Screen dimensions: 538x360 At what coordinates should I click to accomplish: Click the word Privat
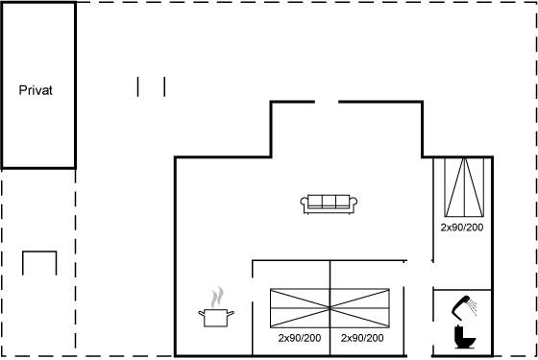click(x=36, y=90)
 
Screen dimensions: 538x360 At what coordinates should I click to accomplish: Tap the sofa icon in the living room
click(x=329, y=204)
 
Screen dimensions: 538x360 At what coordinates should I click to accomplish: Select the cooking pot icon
click(x=216, y=318)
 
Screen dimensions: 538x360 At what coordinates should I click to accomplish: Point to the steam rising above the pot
click(x=217, y=298)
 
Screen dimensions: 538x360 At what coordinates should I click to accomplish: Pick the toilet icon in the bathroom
click(x=465, y=337)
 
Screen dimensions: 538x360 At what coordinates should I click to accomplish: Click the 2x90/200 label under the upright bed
click(x=462, y=228)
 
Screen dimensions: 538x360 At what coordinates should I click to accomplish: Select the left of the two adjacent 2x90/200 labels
click(x=300, y=338)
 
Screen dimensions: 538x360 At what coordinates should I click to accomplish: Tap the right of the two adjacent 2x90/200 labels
click(x=362, y=338)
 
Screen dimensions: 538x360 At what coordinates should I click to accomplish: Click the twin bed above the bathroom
click(x=464, y=187)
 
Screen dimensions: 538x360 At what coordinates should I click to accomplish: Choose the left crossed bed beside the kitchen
click(x=300, y=308)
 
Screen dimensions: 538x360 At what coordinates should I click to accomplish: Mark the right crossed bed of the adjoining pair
click(x=359, y=308)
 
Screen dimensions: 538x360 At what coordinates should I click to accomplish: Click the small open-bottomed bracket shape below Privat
click(x=39, y=252)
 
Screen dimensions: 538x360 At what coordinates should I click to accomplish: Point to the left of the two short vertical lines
click(x=138, y=86)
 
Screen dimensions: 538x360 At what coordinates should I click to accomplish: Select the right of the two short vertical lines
click(x=164, y=86)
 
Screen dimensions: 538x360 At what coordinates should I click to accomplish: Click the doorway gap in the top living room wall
click(x=327, y=102)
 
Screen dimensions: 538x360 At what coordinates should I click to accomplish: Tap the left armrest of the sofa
click(x=304, y=202)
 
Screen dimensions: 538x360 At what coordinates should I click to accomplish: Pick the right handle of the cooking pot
click(x=231, y=313)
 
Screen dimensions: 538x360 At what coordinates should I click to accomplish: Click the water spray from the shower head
click(x=473, y=307)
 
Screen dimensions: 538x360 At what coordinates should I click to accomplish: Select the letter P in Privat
click(x=22, y=90)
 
